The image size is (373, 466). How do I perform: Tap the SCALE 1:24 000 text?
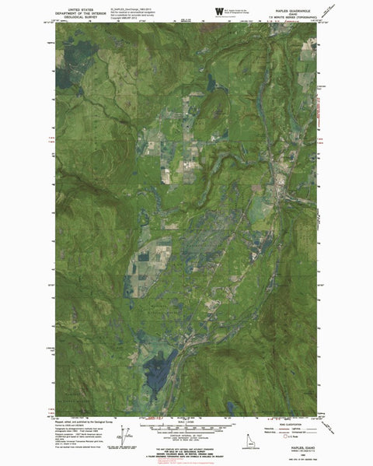[x=186, y=412]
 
